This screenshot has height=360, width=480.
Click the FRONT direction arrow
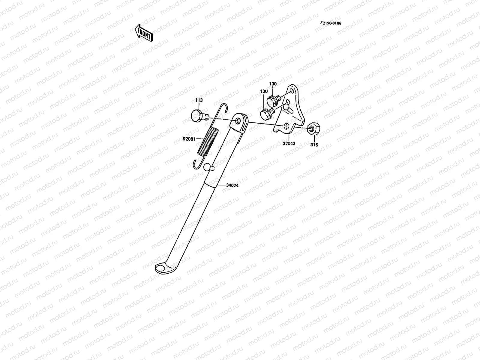[144, 33]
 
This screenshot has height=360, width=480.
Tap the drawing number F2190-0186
[331, 23]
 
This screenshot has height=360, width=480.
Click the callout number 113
[199, 100]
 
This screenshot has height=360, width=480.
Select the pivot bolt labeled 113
[198, 115]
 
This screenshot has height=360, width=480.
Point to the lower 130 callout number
[264, 91]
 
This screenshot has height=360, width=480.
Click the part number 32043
[289, 144]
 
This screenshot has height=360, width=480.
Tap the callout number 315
[314, 145]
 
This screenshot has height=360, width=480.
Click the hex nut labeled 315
[313, 128]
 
